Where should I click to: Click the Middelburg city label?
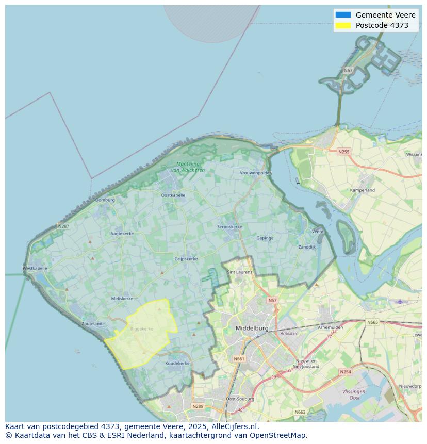click(252, 328)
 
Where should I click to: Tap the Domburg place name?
click(105, 200)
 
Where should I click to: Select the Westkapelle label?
click(35, 268)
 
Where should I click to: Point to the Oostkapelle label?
click(173, 195)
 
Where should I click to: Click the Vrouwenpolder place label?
click(255, 173)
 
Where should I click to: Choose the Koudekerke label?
click(177, 363)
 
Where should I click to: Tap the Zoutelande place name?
click(93, 324)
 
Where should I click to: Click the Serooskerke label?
click(229, 227)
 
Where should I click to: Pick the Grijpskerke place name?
click(186, 259)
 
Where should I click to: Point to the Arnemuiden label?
click(331, 327)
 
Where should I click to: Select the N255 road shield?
click(343, 152)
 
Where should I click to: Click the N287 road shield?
click(63, 226)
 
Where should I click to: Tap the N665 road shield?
click(372, 322)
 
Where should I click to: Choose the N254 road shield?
click(345, 372)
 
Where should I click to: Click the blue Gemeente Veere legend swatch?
click(342, 15)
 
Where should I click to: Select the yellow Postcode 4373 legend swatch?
click(342, 25)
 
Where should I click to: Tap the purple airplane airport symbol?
click(400, 301)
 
